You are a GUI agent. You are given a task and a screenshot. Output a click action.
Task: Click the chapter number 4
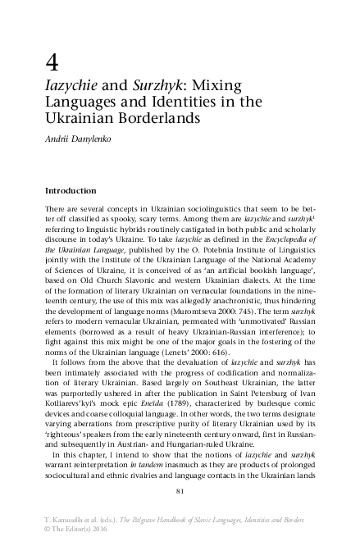point(51,62)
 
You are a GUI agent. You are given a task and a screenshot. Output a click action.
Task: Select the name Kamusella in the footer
point(71,521)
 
